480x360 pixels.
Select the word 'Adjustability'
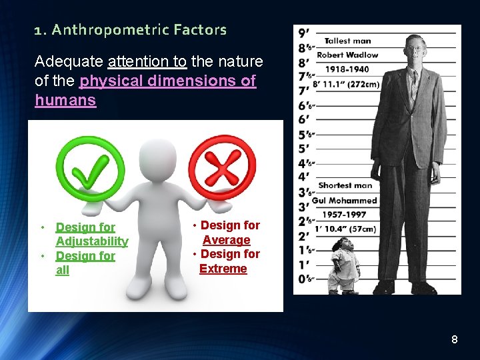click(92, 241)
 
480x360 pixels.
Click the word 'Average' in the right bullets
click(227, 240)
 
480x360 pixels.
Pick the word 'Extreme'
click(223, 269)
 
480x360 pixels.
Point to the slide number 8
click(454, 340)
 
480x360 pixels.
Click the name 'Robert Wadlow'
click(347, 55)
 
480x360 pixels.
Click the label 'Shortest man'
click(345, 185)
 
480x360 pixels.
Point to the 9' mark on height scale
click(303, 32)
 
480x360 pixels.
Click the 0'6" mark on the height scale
click(305, 279)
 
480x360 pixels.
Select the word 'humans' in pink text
click(65, 101)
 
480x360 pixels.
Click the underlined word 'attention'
click(146, 62)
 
